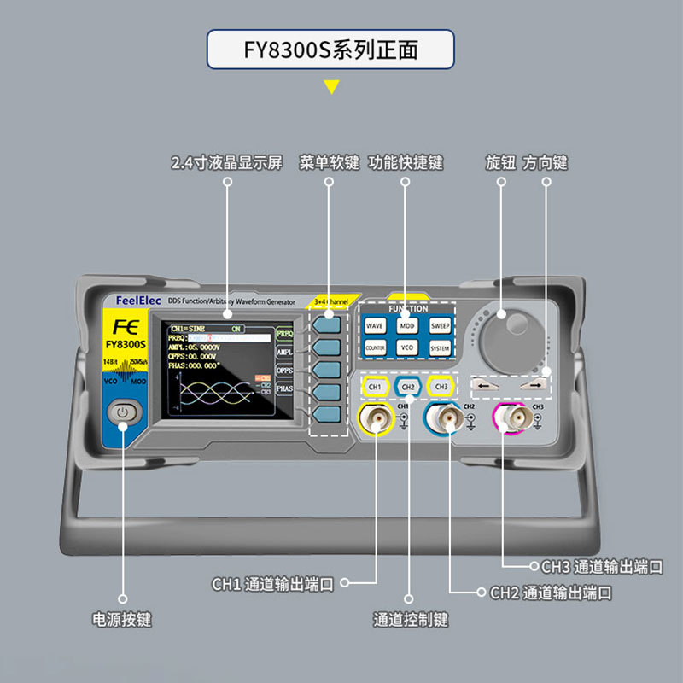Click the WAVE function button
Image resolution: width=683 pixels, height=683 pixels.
point(375,325)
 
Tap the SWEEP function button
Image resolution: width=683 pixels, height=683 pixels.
point(440,325)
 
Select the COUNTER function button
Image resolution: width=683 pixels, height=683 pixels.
point(375,348)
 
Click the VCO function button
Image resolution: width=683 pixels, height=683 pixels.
point(407,348)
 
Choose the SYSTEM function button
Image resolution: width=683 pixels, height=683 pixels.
point(440,348)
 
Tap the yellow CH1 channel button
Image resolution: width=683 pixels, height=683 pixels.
point(375,387)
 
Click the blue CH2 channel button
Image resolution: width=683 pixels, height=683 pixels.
point(408,387)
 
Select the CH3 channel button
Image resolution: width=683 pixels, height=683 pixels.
point(441,387)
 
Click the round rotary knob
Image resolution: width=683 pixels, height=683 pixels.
point(504,337)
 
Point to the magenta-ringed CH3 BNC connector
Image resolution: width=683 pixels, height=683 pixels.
point(514,418)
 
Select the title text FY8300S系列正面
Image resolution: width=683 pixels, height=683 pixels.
point(331,50)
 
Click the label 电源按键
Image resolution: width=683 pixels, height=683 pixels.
point(122,619)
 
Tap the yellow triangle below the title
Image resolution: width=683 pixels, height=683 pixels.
point(331,85)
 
